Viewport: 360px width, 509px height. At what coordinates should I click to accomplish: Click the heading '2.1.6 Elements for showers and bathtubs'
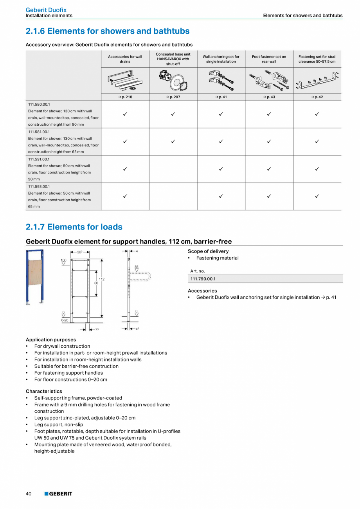[x=108, y=31]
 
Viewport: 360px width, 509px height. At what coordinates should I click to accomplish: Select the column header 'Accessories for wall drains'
[x=125, y=59]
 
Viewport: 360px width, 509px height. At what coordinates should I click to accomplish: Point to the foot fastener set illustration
[x=269, y=80]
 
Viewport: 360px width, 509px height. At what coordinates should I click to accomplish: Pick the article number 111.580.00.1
[x=39, y=105]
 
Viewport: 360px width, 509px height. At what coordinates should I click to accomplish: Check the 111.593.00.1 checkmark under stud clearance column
[x=317, y=196]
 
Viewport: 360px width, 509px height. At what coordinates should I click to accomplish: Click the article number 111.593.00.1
[x=39, y=187]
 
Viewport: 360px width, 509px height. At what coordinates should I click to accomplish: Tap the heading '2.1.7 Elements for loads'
[x=74, y=227]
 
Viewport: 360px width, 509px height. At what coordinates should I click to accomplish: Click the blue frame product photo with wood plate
[x=35, y=276]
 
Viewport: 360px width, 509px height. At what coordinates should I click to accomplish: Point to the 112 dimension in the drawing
[x=101, y=279]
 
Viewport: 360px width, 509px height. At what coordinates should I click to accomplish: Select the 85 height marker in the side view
[x=137, y=267]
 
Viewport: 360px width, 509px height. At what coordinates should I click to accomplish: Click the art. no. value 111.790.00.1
[x=203, y=279]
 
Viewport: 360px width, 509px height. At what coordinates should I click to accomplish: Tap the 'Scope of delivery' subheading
[x=208, y=251]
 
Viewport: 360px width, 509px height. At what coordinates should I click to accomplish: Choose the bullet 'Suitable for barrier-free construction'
[x=76, y=366]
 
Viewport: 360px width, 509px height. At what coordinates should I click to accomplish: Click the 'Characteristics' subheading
[x=44, y=391]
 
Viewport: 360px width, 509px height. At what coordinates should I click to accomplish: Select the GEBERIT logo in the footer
[x=58, y=494]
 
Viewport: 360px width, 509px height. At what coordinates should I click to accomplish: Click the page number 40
[x=29, y=494]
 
